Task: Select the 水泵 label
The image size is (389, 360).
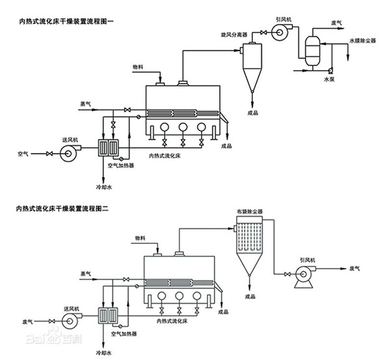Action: (330, 78)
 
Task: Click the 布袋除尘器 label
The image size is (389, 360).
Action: (248, 212)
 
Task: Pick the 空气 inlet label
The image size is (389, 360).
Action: (24, 154)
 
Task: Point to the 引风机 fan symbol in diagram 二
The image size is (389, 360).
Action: (301, 277)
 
